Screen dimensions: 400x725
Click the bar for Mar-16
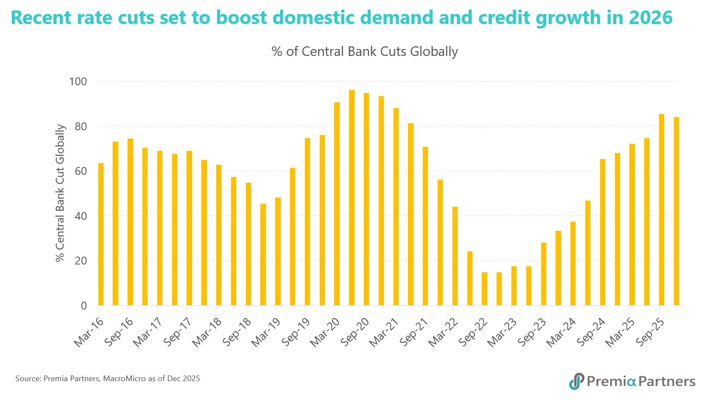101,234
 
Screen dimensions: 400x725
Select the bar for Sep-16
130,222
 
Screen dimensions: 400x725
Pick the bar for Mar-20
337,204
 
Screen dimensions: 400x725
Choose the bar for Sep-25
661,209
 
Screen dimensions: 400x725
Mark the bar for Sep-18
248,244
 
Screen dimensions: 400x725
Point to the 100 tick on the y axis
78,82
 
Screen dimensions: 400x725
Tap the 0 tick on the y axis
83,306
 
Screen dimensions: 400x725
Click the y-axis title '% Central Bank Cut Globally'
60,193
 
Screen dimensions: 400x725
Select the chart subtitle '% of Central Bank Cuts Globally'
365,52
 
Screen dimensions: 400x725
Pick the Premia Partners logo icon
577,381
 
